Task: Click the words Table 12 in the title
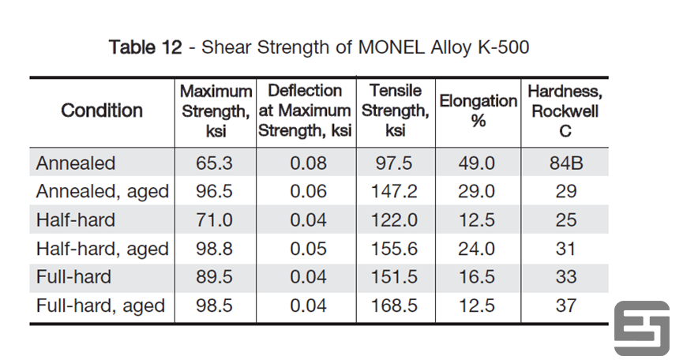click(x=145, y=47)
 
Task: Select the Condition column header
click(x=102, y=111)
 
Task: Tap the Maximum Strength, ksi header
click(x=216, y=111)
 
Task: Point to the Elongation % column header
click(x=477, y=111)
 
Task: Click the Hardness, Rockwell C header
click(x=565, y=111)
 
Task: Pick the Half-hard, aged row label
click(x=103, y=249)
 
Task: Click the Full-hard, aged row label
click(x=100, y=306)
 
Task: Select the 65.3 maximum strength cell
click(x=215, y=163)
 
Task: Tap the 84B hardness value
click(x=565, y=163)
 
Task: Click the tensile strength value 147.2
click(x=396, y=192)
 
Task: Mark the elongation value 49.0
click(x=477, y=163)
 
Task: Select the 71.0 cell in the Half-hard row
click(x=215, y=220)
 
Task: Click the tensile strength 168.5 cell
click(x=396, y=306)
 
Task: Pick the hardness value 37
click(x=565, y=306)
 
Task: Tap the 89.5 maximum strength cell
click(x=215, y=277)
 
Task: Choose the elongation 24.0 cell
click(x=477, y=249)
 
